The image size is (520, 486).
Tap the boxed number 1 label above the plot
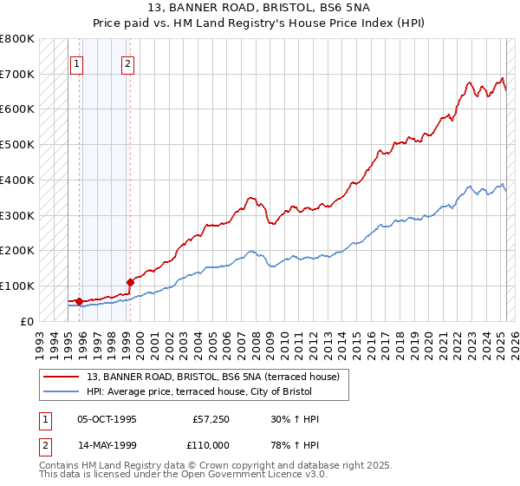pos(77,62)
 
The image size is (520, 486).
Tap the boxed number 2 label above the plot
pos(127,62)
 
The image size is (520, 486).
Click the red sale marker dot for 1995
pos(79,301)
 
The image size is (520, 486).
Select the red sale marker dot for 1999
pos(130,282)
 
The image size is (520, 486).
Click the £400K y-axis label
pos(17,180)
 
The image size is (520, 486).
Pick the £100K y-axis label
pos(17,286)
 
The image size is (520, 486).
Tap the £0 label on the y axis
pos(28,321)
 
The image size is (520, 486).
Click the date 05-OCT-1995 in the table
pos(107,419)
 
